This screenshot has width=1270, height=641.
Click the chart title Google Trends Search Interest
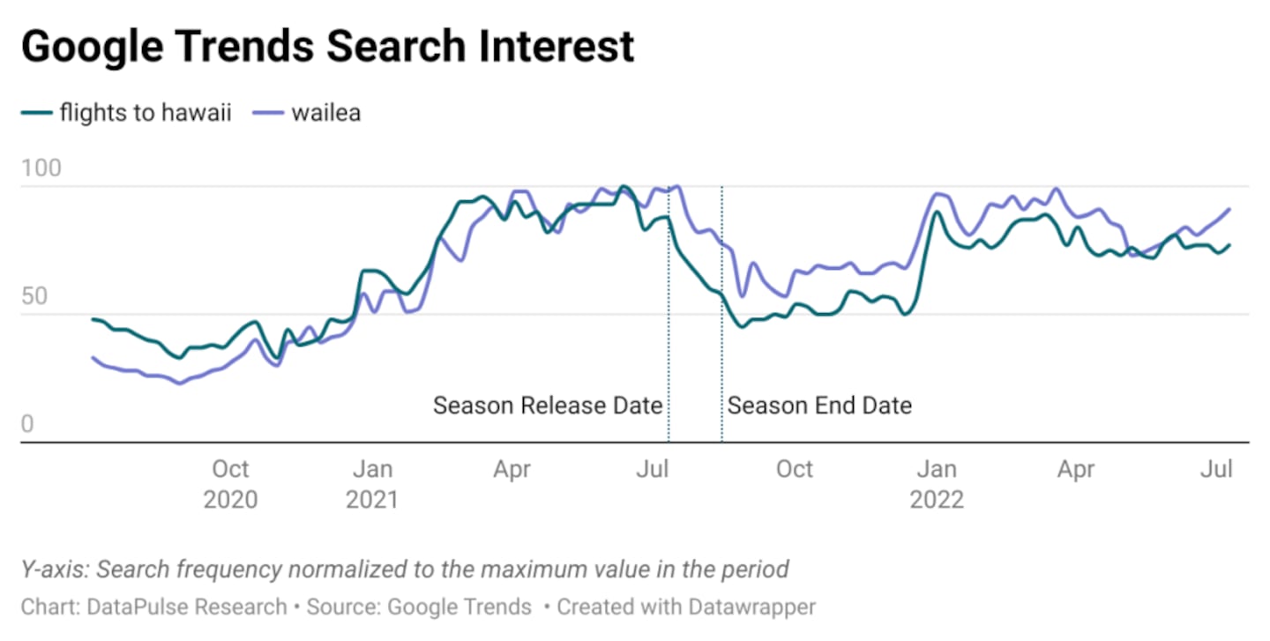pos(327,46)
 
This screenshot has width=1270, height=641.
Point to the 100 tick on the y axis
pos(41,168)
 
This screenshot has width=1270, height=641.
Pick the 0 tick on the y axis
pos(27,425)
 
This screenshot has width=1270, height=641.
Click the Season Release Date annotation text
pos(548,406)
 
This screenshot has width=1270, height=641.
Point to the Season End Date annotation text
pos(819,406)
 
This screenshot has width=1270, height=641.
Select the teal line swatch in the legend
pos(35,114)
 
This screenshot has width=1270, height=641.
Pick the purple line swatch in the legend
pos(267,114)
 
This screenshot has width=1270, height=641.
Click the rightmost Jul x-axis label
pos(1218,469)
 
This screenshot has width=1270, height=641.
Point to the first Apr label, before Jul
pos(512,469)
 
